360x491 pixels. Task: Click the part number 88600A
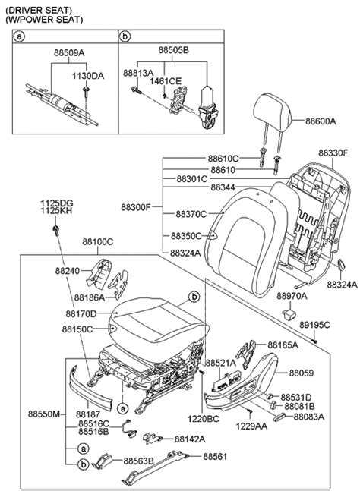[321, 121]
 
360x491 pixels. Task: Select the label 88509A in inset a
[69, 52]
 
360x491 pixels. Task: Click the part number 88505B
[174, 50]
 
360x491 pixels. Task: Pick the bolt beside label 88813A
[136, 90]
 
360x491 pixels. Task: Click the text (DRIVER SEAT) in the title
[39, 11]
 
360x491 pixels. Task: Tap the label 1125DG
[56, 203]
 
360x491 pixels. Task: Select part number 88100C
[98, 242]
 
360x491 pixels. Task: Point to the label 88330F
[333, 153]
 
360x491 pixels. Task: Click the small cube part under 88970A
[289, 313]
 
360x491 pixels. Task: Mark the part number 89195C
[314, 325]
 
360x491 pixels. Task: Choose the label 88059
[301, 373]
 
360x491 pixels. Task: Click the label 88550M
[43, 414]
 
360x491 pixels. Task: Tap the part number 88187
[88, 414]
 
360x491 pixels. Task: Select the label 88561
[215, 457]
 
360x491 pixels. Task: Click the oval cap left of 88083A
[279, 417]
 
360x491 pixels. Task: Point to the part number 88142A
[190, 439]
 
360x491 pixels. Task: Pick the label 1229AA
[251, 426]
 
